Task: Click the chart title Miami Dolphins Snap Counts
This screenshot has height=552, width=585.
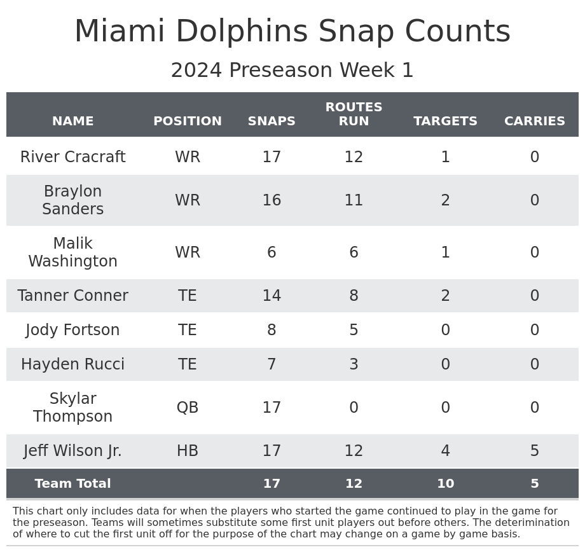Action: tap(292, 32)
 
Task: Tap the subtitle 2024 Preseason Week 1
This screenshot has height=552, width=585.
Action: tap(292, 71)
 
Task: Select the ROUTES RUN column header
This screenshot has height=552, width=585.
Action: tap(354, 114)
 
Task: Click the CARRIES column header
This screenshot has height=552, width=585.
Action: tap(534, 121)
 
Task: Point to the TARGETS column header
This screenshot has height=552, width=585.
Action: tap(445, 121)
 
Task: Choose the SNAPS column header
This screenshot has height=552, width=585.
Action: tap(272, 121)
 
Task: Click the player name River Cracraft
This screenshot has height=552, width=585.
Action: tap(72, 157)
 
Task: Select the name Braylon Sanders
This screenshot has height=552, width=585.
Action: tap(72, 200)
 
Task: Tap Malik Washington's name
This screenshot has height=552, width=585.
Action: tap(72, 252)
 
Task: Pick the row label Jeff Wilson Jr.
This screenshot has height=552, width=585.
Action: tap(72, 451)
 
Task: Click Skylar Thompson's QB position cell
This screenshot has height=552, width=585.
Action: tap(188, 408)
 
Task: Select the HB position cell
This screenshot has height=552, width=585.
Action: tap(188, 451)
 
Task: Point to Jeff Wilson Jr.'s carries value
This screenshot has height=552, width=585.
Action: tap(534, 451)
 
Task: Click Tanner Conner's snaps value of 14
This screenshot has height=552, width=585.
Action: tap(272, 296)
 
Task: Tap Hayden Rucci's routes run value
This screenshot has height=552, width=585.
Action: tap(354, 364)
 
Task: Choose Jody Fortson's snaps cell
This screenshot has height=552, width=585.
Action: tap(272, 330)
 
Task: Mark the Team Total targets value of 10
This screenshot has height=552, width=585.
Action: tap(445, 484)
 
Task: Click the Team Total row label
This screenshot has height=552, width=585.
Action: tap(72, 484)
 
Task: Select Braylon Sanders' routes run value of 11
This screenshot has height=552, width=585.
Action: tap(354, 200)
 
